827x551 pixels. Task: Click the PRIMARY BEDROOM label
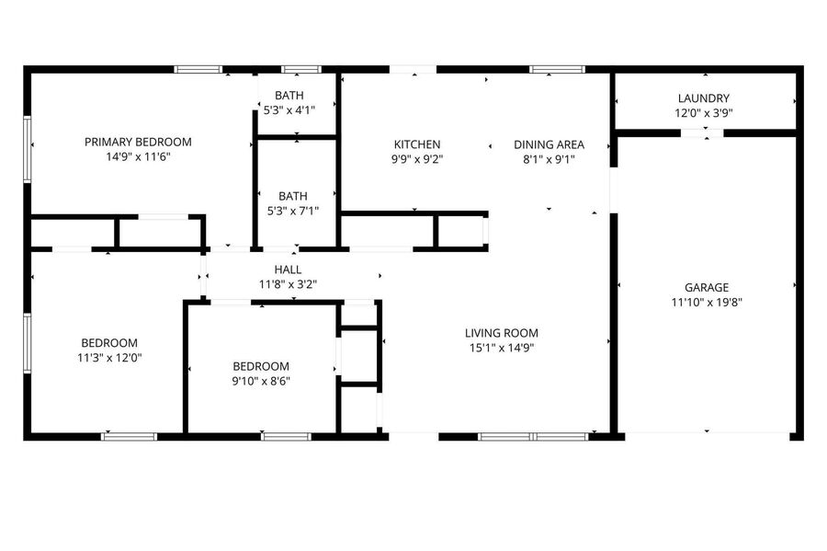click(x=138, y=142)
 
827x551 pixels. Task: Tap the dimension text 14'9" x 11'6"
click(x=138, y=156)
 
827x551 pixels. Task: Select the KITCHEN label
click(x=417, y=144)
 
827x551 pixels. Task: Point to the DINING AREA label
click(x=549, y=144)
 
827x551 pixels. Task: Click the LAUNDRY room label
click(x=704, y=98)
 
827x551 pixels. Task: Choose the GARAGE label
click(x=707, y=288)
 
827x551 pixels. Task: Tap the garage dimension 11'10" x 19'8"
click(x=707, y=303)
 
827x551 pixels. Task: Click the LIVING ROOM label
click(x=502, y=333)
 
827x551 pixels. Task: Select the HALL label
click(x=288, y=270)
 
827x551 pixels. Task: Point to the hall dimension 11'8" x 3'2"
click(x=288, y=284)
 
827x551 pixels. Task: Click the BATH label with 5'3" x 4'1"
click(x=289, y=96)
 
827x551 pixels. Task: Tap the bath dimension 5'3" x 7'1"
click(x=293, y=212)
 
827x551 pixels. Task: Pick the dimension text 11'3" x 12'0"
click(x=109, y=358)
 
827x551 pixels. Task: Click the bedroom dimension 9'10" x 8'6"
click(x=261, y=381)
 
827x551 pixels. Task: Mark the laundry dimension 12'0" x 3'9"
click(x=704, y=113)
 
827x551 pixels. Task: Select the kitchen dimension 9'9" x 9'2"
click(x=417, y=159)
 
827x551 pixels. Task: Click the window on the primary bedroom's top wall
click(x=198, y=69)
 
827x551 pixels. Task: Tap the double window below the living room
click(x=533, y=436)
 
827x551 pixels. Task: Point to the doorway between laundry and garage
click(x=701, y=133)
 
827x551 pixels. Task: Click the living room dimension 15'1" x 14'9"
click(x=502, y=348)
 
